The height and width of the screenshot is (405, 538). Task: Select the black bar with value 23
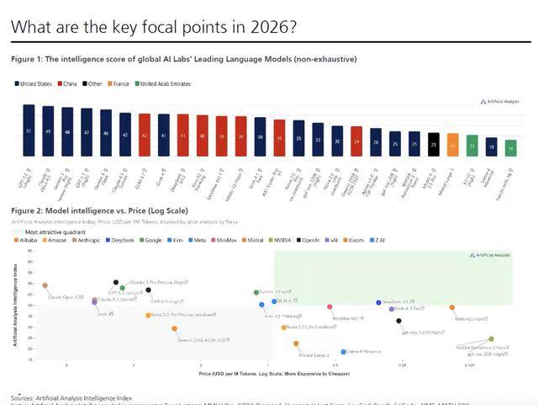click(x=434, y=144)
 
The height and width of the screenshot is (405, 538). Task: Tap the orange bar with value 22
click(x=452, y=145)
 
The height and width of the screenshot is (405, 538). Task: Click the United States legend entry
click(x=33, y=83)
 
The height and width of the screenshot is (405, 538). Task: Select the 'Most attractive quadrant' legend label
click(x=55, y=230)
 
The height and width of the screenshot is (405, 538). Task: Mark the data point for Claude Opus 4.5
click(x=45, y=286)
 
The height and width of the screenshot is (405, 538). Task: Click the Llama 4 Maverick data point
click(x=343, y=352)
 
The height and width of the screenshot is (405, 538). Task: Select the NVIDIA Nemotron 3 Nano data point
click(x=490, y=338)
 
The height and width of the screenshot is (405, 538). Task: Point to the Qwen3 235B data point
click(x=174, y=329)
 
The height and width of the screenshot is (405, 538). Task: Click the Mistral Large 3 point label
click(x=314, y=355)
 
